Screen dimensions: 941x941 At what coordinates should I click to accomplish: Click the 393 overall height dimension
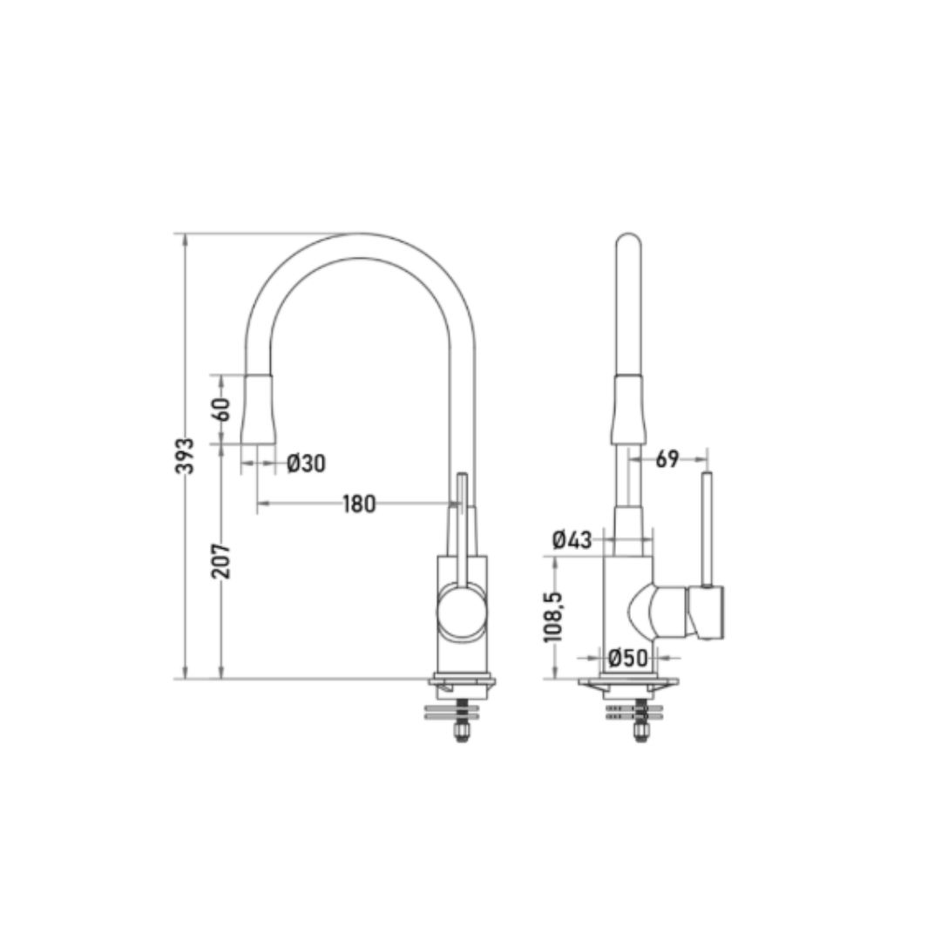(x=185, y=456)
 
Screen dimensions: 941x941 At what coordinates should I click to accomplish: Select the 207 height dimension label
(x=220, y=561)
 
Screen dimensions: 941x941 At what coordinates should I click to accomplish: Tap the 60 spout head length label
(x=220, y=410)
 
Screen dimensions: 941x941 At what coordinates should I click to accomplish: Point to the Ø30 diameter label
(x=306, y=463)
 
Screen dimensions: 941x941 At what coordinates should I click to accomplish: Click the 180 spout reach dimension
(x=360, y=504)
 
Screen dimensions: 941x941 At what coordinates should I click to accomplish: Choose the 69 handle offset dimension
(x=667, y=459)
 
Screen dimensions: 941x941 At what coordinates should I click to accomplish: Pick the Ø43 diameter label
(x=572, y=539)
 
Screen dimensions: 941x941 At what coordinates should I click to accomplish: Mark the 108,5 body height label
(x=553, y=617)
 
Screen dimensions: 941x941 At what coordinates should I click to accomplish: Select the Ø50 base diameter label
(x=628, y=658)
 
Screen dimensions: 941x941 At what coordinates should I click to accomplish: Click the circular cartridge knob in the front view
(x=462, y=612)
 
